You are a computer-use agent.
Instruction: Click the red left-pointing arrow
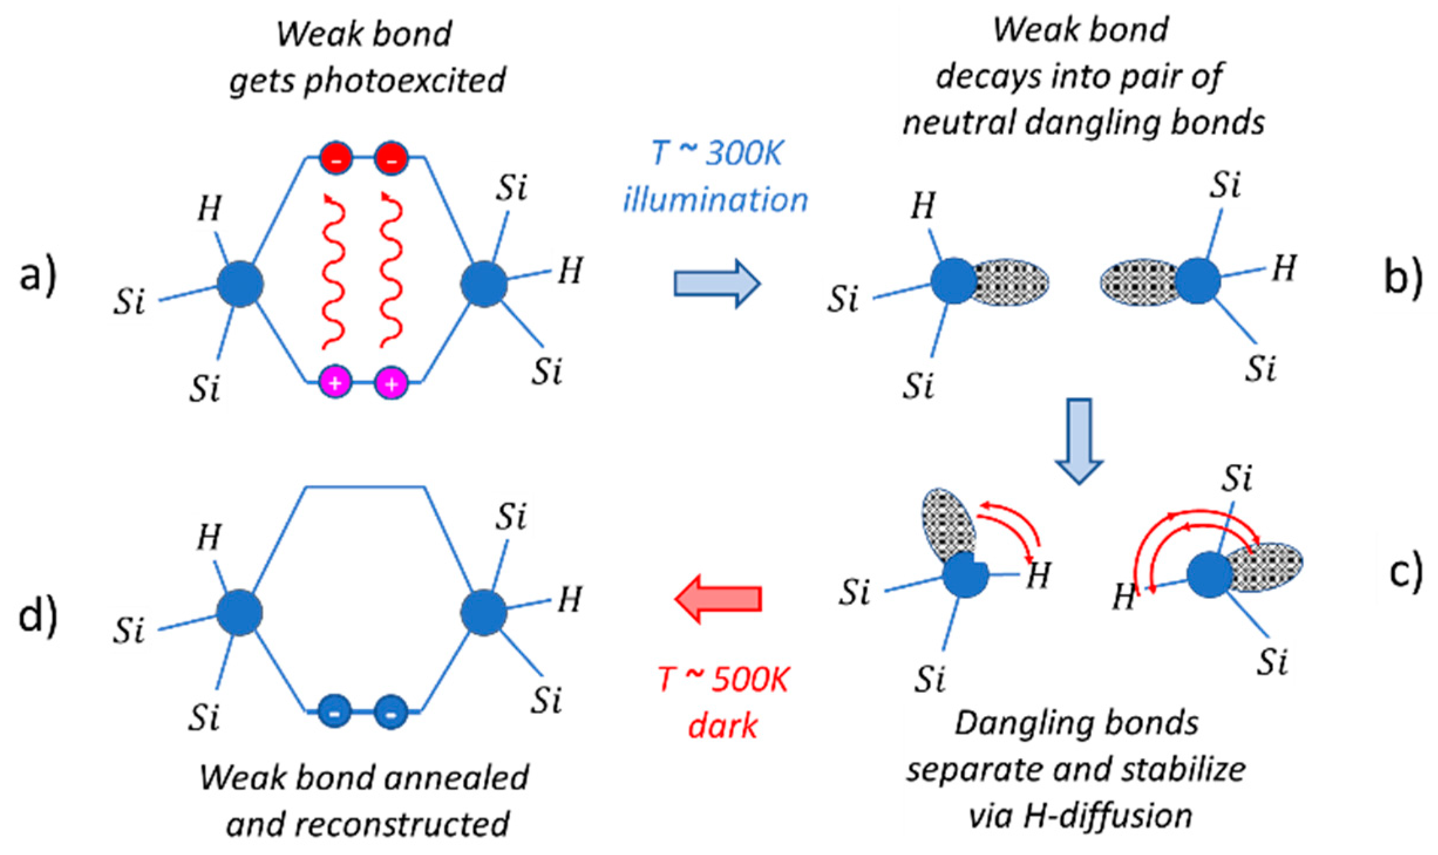click(718, 598)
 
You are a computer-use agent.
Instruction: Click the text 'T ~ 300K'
click(716, 155)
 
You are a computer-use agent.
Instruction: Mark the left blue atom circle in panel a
click(240, 285)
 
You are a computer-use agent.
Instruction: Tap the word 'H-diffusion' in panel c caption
click(1109, 816)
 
